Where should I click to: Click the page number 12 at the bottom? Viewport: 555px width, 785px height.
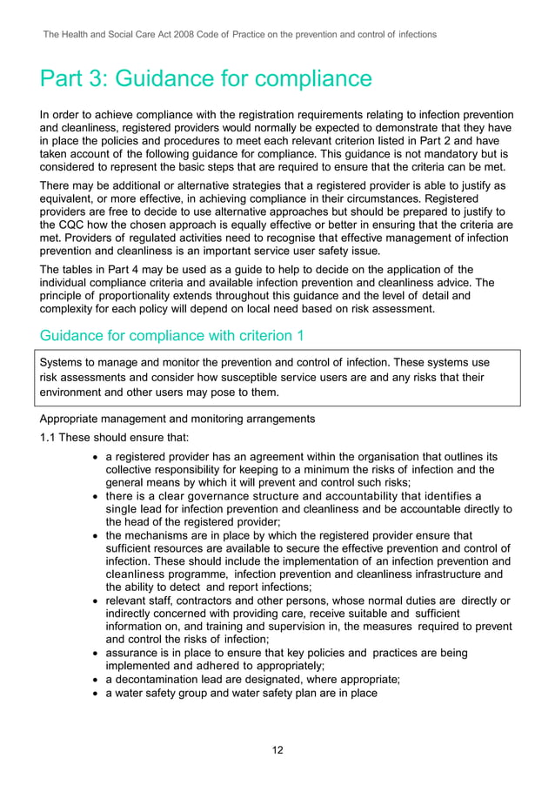pos(277,750)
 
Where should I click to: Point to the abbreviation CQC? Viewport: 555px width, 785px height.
pos(76,222)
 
